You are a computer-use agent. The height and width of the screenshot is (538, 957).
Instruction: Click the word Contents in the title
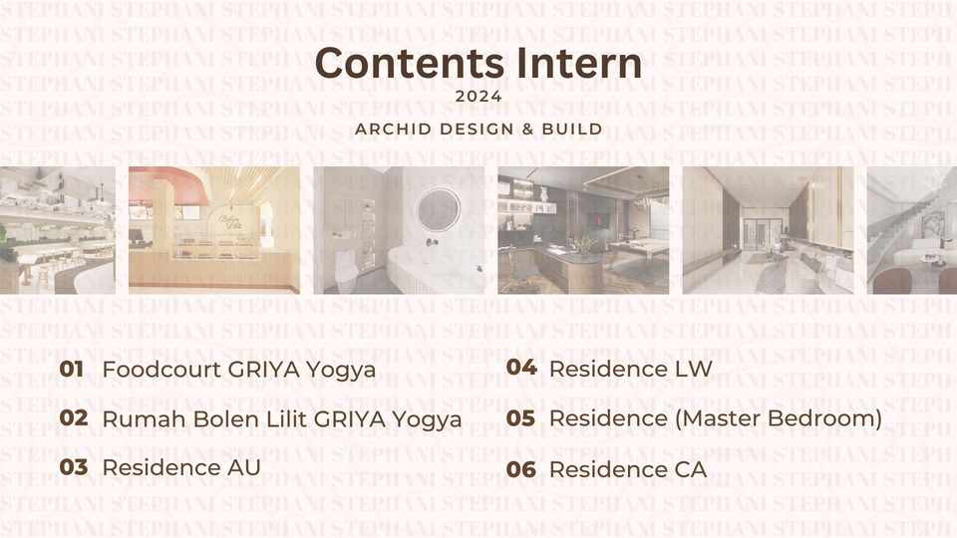[x=410, y=63]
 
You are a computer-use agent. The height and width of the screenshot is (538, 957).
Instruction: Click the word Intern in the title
[x=579, y=63]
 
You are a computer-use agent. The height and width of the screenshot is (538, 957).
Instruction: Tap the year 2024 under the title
[x=478, y=97]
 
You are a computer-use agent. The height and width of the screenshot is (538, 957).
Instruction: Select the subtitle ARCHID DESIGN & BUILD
[x=478, y=130]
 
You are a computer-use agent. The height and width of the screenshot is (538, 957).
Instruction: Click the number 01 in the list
[x=72, y=369]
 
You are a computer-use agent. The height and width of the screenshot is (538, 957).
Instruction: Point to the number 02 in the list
[x=74, y=417]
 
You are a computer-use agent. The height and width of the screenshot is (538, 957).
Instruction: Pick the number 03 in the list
[x=74, y=467]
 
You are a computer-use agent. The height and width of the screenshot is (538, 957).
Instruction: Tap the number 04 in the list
[x=521, y=368]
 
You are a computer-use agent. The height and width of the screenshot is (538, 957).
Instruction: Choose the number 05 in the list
[x=521, y=418]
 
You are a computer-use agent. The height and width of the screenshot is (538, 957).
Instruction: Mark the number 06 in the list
[x=521, y=469]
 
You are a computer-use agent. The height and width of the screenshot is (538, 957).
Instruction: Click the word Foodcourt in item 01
[x=161, y=370]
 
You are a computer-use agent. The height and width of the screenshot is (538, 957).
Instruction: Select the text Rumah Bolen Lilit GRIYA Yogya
[x=282, y=419]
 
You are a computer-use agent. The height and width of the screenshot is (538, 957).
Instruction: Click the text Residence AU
[x=181, y=468]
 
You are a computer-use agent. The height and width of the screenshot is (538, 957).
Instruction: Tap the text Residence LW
[x=630, y=369]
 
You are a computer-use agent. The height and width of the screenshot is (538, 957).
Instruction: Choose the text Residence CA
[x=628, y=469]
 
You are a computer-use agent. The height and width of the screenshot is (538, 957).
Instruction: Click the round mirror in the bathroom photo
[x=439, y=210]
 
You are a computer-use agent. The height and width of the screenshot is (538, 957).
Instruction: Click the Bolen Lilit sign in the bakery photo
[x=230, y=221]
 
